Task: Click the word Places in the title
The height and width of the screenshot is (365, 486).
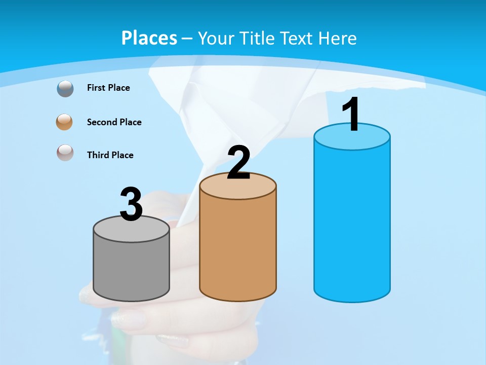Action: coord(149,38)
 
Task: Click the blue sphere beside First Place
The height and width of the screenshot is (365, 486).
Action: coord(65,89)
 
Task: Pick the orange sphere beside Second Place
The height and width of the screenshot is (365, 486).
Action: coord(65,122)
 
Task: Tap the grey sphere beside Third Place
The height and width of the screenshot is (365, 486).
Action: coord(65,153)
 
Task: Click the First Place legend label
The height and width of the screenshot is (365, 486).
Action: coord(108,88)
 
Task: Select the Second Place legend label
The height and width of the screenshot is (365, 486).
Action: coord(114,122)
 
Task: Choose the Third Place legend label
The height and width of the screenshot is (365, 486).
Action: coord(110,155)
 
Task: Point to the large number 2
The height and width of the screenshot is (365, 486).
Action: coord(238,163)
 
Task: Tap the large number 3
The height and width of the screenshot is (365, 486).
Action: coord(131,204)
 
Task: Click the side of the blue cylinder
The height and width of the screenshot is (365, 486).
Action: coord(352,223)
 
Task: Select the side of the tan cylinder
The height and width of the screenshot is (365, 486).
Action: coord(238,248)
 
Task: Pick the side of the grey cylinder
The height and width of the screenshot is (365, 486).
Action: coord(131,269)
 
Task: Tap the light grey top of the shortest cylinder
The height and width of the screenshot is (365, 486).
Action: coord(131,231)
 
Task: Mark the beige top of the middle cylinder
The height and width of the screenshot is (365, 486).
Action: coord(238,188)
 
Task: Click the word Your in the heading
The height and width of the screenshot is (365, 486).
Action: coord(216,38)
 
